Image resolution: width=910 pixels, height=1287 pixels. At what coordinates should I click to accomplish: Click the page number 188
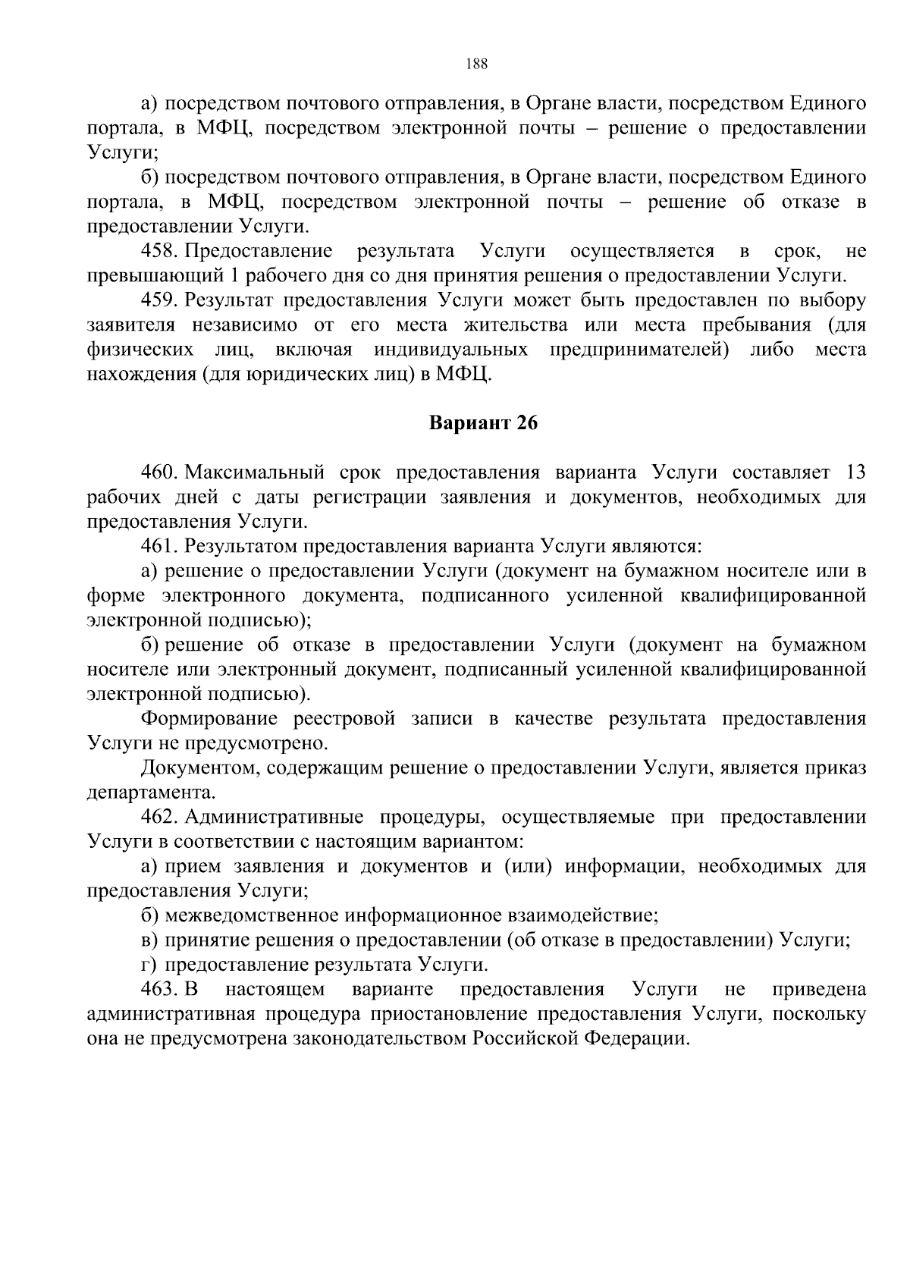(477, 64)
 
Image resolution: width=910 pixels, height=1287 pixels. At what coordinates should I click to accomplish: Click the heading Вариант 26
(483, 423)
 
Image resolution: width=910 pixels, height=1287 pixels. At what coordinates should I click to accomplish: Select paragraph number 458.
(159, 251)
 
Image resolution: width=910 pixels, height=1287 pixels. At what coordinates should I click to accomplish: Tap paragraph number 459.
(159, 300)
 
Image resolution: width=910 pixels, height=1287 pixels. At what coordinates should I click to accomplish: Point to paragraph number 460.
(159, 472)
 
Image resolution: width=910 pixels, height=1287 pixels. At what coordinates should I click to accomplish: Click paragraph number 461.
(159, 546)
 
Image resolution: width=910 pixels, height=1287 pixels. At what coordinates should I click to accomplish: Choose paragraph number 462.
(159, 817)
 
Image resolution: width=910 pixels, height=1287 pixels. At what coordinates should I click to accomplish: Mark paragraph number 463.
(159, 989)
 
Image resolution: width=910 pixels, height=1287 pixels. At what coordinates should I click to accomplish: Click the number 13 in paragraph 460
(855, 472)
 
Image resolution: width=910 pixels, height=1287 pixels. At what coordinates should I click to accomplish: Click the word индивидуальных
(450, 350)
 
